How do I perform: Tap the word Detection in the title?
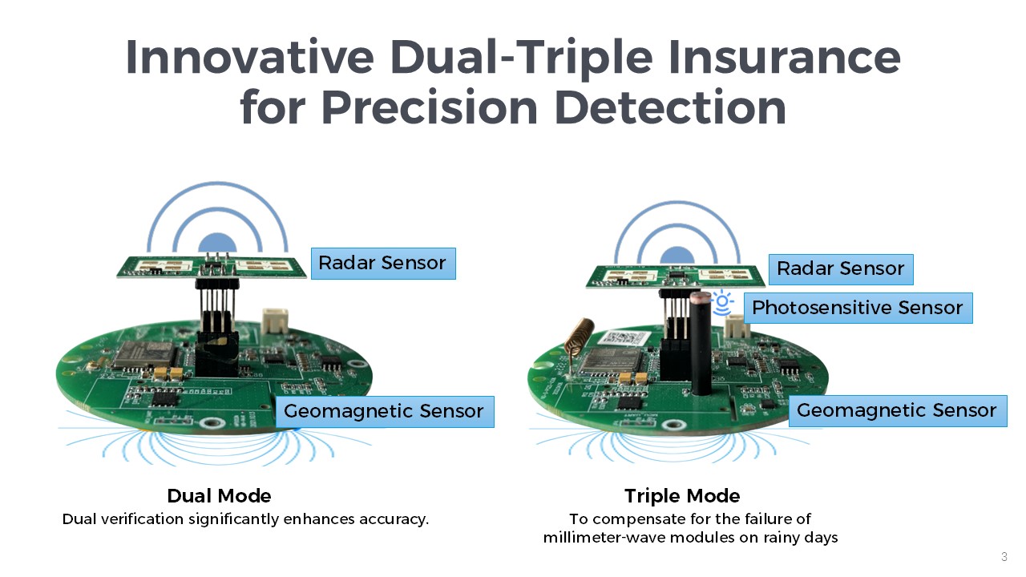[671, 107]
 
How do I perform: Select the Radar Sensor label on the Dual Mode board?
[383, 264]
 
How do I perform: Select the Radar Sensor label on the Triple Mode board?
[841, 269]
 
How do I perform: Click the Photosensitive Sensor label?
[858, 309]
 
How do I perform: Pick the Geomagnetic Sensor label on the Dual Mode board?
[385, 412]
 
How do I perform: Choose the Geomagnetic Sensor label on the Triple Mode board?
[898, 411]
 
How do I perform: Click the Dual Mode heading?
[219, 496]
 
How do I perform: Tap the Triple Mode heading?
[682, 496]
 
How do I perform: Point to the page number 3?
[1004, 557]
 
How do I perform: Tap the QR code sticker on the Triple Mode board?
[623, 339]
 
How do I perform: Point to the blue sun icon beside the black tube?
[722, 302]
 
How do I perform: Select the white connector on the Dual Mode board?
[275, 321]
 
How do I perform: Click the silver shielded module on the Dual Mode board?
[144, 355]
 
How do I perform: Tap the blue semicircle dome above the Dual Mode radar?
[217, 243]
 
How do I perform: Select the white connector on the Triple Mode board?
[737, 326]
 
